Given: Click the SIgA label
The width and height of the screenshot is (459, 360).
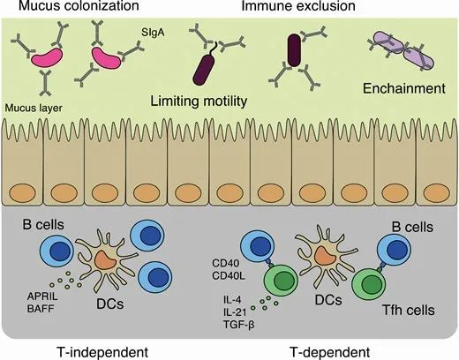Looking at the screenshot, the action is click(153, 32).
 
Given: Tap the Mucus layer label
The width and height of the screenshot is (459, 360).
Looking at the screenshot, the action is click(34, 108).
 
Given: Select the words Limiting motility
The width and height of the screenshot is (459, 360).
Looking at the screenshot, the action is click(199, 101).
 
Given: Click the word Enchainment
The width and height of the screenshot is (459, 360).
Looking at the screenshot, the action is click(404, 88).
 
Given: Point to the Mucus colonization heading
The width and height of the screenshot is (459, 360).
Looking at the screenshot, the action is click(79, 5).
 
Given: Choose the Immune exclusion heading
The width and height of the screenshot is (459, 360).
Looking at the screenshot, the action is click(298, 5).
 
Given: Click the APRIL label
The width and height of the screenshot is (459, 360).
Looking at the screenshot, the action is click(42, 296).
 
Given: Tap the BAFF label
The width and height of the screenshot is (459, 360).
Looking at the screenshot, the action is click(41, 309).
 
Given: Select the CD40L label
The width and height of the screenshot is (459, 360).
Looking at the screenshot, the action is click(229, 276).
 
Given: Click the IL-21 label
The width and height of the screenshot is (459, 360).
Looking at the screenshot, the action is click(235, 312).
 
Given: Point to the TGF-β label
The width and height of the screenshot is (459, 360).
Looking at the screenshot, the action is click(238, 325).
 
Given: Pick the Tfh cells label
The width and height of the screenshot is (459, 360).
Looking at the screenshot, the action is click(409, 310).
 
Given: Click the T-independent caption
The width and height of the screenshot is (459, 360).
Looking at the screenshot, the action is click(102, 352).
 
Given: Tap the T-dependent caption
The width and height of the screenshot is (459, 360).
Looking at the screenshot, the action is click(330, 352).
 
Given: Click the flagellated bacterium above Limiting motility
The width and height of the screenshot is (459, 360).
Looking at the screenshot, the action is click(205, 68).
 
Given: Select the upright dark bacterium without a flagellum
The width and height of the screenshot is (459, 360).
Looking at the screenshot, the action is click(294, 50).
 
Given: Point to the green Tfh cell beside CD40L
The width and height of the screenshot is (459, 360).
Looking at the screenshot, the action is click(282, 281).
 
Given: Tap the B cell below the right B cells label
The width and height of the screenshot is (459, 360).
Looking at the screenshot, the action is click(394, 250).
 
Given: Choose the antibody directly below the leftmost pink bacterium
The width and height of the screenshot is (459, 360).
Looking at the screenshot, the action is click(45, 83).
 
